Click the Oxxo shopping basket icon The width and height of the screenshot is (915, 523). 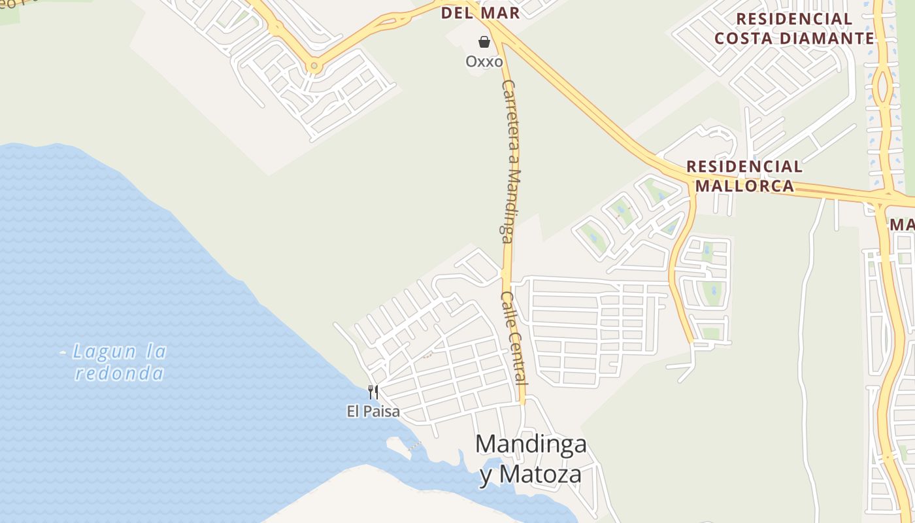tap(484, 42)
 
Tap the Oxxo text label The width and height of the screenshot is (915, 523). tap(484, 61)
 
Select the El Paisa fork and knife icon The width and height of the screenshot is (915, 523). tap(373, 392)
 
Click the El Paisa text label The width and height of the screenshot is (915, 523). tap(373, 412)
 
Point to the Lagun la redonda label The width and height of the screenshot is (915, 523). tap(120, 362)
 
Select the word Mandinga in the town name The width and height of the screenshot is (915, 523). tap(531, 444)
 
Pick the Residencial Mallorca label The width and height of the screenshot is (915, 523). tap(744, 177)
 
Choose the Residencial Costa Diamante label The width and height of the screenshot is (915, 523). tap(794, 29)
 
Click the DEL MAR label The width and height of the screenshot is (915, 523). tap(480, 13)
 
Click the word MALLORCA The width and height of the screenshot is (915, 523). tap(744, 186)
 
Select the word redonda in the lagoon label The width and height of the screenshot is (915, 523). tap(120, 373)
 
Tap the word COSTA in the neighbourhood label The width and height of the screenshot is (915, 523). tap(742, 39)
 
